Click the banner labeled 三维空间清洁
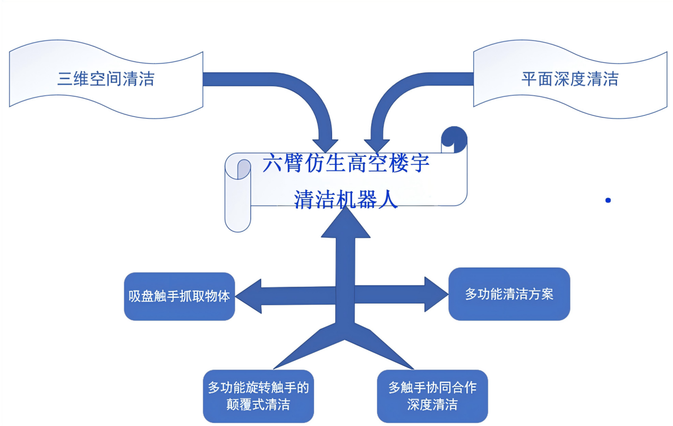pyautogui.click(x=106, y=80)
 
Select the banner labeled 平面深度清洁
pyautogui.click(x=569, y=80)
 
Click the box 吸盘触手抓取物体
pyautogui.click(x=179, y=296)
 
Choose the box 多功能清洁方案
pyautogui.click(x=509, y=294)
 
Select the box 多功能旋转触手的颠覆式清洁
pyautogui.click(x=258, y=396)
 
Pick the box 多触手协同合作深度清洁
pyautogui.click(x=432, y=396)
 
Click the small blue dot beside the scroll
pyautogui.click(x=608, y=201)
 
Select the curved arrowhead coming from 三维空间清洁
pyautogui.click(x=325, y=145)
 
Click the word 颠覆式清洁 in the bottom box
pyautogui.click(x=258, y=404)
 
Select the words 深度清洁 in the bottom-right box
pyautogui.click(x=432, y=404)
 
